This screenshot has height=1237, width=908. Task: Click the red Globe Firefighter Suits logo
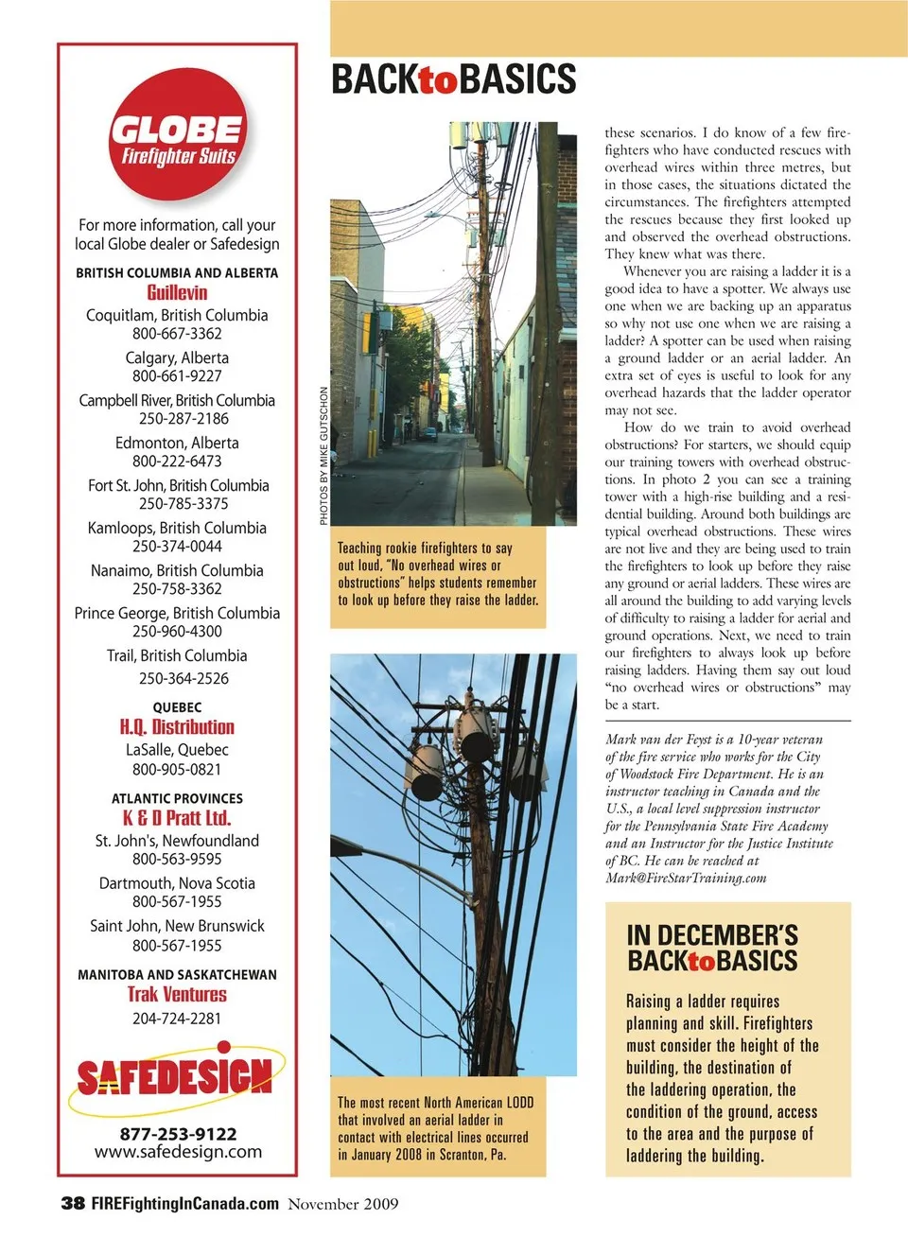pos(177,136)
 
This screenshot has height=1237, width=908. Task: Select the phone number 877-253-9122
pos(178,1133)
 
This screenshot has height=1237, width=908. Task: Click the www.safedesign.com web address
pos(178,1152)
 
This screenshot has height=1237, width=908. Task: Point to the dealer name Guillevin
pos(177,292)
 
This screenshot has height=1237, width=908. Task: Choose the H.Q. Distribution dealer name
pos(177,726)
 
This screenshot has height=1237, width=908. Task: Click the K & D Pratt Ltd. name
pos(177,817)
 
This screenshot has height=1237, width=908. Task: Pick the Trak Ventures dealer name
pos(177,994)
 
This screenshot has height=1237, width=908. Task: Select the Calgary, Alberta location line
pos(177,357)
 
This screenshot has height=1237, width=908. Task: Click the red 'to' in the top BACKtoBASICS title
pos(438,80)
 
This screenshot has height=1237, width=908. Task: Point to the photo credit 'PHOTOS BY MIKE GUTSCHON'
pos(323,456)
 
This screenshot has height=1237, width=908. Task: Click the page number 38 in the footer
pos(72,1204)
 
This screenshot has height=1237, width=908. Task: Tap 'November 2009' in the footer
pos(343,1204)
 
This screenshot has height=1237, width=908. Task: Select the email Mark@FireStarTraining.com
pos(686,878)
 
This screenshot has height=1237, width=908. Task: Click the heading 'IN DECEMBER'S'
pos(712,935)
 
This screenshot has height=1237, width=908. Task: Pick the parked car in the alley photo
pos(431,434)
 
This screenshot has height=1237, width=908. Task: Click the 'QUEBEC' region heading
pos(177,706)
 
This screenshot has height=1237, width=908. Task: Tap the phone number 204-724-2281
pos(177,1019)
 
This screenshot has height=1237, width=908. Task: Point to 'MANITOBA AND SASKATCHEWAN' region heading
pos(177,974)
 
